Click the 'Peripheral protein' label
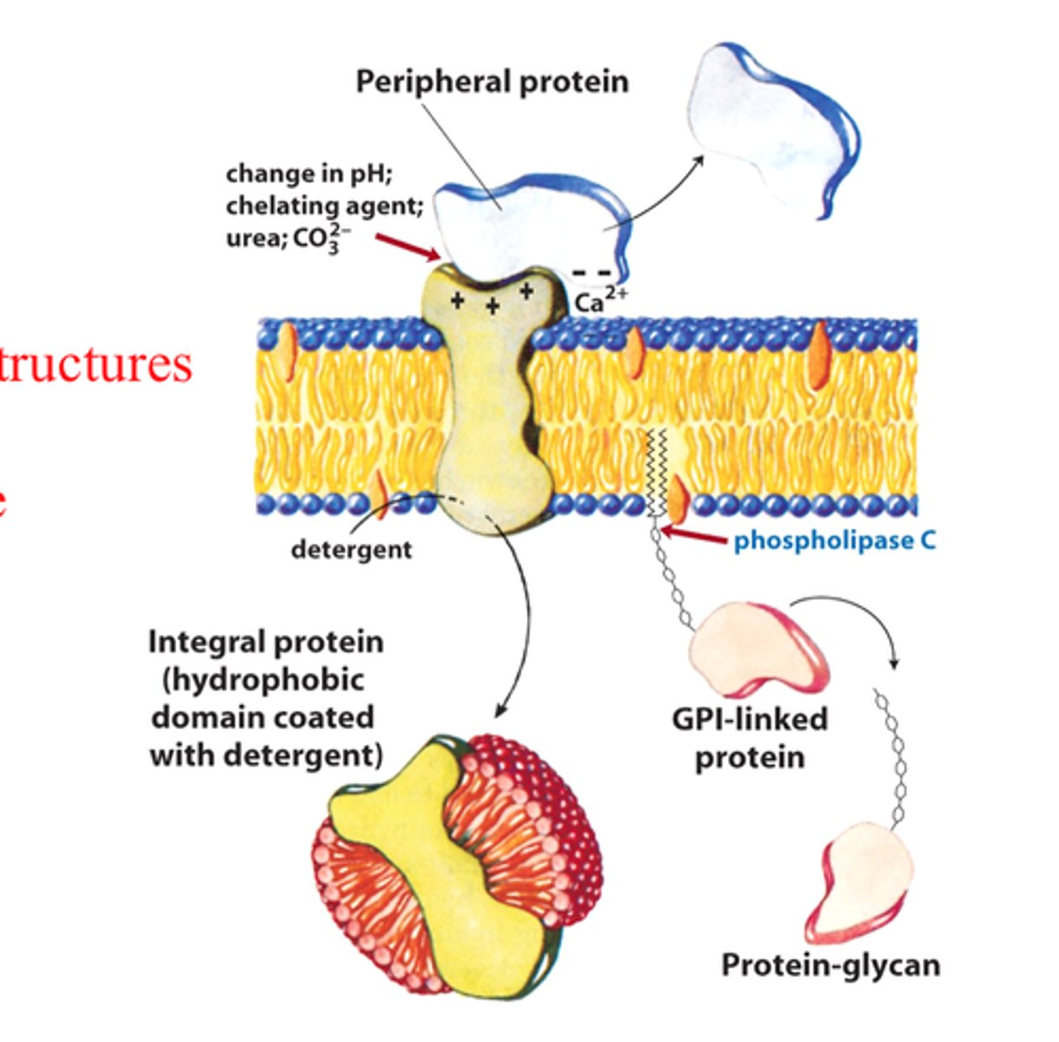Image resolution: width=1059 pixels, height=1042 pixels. point(492,82)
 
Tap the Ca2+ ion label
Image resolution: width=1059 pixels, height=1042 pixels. point(600,300)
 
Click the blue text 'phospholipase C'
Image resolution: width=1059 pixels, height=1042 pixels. point(834,541)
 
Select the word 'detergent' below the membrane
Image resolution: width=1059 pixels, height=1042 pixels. point(351,549)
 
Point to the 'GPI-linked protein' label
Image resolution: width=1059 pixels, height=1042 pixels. point(749,737)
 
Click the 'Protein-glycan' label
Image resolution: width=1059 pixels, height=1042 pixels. point(830,965)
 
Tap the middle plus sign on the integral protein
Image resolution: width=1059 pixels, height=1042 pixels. point(492,305)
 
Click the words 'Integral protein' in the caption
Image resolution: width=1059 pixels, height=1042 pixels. point(265,642)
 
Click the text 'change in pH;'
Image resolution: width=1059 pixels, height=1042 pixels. point(309,174)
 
